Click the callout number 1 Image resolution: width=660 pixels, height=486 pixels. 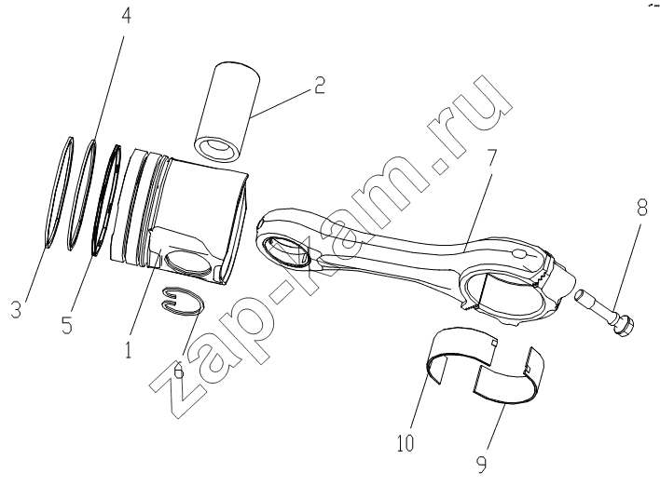[x=129, y=349]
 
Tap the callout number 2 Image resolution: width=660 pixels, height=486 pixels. [x=320, y=85]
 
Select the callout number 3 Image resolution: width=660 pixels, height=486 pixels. [x=16, y=310]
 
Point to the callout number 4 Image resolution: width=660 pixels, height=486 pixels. [x=126, y=16]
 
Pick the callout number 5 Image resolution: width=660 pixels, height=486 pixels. [x=67, y=324]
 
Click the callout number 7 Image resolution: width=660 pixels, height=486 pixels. [x=490, y=157]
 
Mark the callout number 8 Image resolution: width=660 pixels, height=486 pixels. [x=641, y=208]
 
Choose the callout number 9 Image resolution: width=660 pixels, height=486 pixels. [x=481, y=464]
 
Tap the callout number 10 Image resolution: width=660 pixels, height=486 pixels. [x=406, y=442]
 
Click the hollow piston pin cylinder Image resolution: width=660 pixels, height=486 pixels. [x=227, y=112]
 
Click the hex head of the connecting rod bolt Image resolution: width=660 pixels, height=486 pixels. [x=625, y=323]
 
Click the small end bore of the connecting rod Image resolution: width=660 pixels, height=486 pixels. [x=287, y=251]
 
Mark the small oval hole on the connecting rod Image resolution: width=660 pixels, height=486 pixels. [x=520, y=254]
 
